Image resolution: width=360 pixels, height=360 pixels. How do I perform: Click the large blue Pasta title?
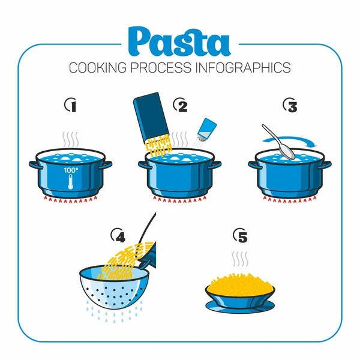[179, 41]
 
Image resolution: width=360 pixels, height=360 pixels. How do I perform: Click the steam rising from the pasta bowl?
[241, 259]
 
